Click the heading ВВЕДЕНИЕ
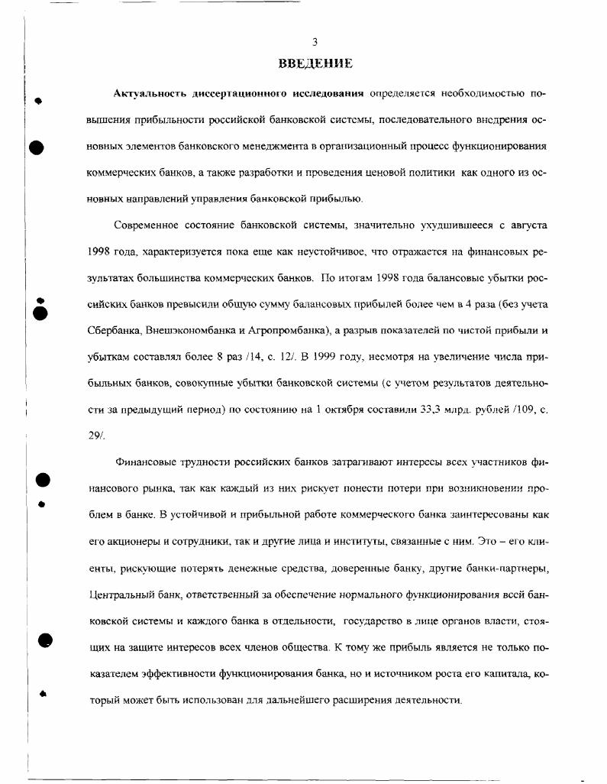click(x=315, y=62)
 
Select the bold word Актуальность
click(x=150, y=93)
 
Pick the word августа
click(x=525, y=225)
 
